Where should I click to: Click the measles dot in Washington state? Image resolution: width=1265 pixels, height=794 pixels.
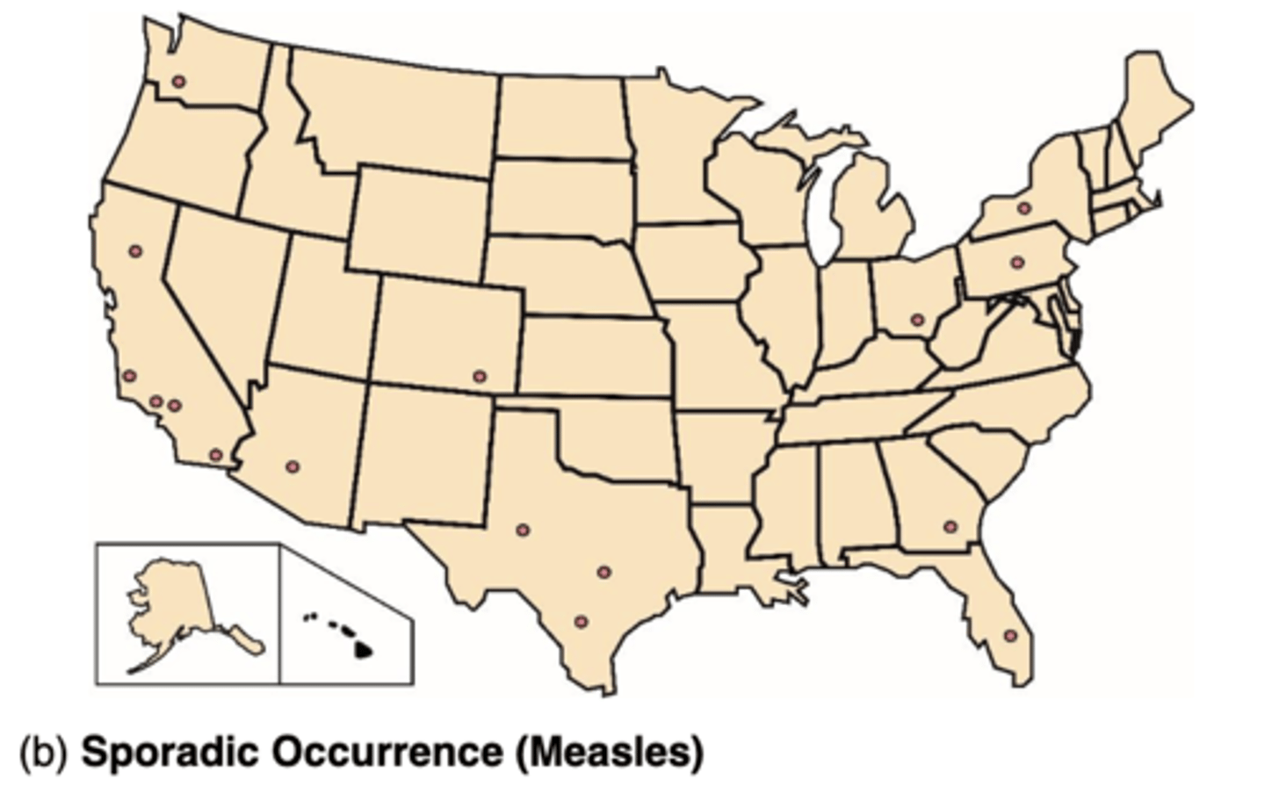pos(178,81)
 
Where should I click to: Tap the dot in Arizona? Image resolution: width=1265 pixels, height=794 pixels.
pos(293,466)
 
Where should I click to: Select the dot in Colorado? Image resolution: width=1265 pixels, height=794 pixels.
pos(479,376)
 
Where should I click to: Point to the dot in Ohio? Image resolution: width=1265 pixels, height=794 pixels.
pos(918,320)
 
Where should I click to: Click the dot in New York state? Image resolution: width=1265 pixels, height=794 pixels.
pos(1023,208)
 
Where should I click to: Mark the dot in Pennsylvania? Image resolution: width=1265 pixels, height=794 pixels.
pos(1017,262)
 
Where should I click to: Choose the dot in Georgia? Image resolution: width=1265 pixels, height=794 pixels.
pos(950,527)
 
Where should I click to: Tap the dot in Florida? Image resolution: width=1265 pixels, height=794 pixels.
pos(1010,635)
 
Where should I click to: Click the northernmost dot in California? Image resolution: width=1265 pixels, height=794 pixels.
pos(135,250)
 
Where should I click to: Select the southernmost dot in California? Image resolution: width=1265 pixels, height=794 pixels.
pos(215,454)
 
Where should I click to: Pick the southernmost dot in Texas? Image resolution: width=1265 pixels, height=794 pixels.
pos(581,621)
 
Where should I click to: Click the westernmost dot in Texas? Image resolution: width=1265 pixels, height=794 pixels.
pos(523,530)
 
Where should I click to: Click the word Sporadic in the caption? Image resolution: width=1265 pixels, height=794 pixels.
pos(167,753)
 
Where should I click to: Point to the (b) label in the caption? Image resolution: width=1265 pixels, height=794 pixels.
pos(43,754)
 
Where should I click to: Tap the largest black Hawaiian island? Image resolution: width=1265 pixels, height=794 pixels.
pos(363,651)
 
